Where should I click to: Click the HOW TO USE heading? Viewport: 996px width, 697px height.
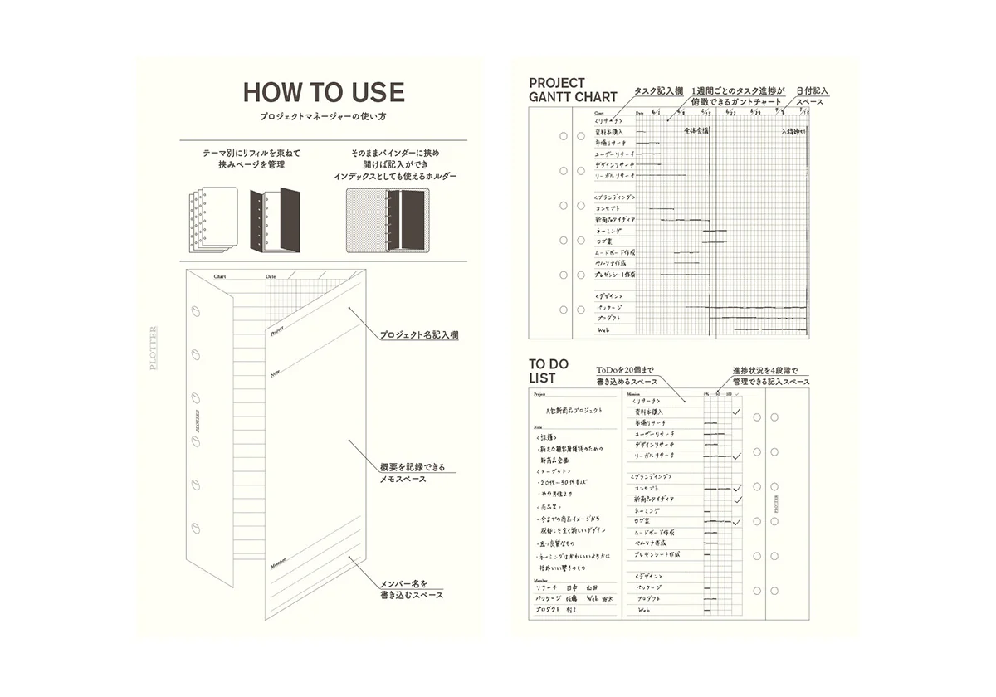click(x=324, y=91)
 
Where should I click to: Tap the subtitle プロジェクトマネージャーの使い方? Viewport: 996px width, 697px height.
click(x=324, y=118)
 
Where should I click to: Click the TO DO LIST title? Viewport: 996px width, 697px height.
click(x=544, y=371)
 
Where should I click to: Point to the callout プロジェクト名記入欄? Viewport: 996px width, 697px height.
click(x=419, y=335)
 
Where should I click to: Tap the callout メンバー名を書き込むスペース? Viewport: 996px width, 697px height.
click(x=412, y=588)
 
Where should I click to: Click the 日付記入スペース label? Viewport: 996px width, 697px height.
click(x=811, y=95)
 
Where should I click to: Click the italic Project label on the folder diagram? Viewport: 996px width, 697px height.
click(x=276, y=330)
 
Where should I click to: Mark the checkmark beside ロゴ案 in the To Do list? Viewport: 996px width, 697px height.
click(x=735, y=522)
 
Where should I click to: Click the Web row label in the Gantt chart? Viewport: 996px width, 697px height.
click(x=604, y=329)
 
